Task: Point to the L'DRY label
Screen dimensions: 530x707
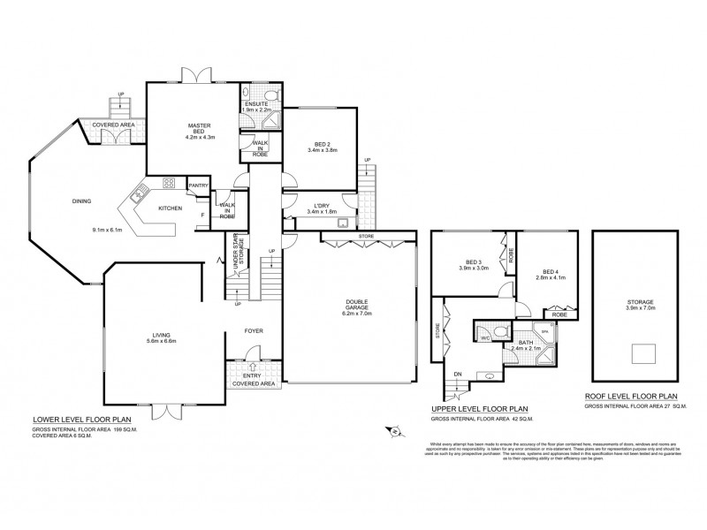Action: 315,207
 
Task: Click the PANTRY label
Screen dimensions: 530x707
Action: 198,185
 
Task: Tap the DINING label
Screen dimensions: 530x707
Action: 82,201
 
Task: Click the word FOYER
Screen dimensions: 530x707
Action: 255,331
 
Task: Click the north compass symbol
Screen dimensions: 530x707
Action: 395,431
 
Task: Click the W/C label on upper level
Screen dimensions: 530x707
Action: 485,337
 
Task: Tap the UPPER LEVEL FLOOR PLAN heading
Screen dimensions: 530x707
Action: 479,410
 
